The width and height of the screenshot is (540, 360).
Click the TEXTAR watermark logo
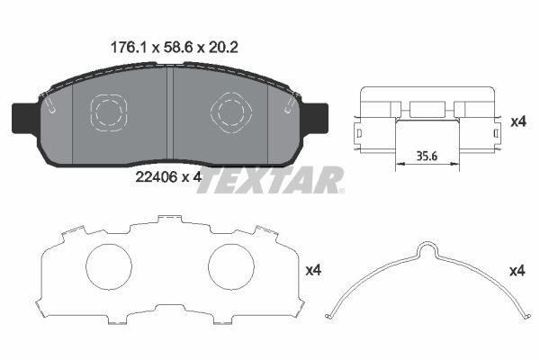(x=270, y=180)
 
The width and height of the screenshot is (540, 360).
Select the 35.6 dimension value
(x=428, y=154)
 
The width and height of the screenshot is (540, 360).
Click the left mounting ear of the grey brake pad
(x=23, y=117)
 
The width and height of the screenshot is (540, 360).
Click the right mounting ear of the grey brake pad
(x=317, y=117)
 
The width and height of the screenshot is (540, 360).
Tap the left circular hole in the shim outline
(x=110, y=268)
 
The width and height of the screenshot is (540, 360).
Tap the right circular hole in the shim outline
(x=232, y=268)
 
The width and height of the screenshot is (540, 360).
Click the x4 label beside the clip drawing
(x=517, y=120)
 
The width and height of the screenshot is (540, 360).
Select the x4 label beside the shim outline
(x=314, y=268)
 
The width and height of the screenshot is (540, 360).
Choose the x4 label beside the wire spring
(x=517, y=269)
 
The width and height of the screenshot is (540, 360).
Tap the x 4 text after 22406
(x=191, y=177)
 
